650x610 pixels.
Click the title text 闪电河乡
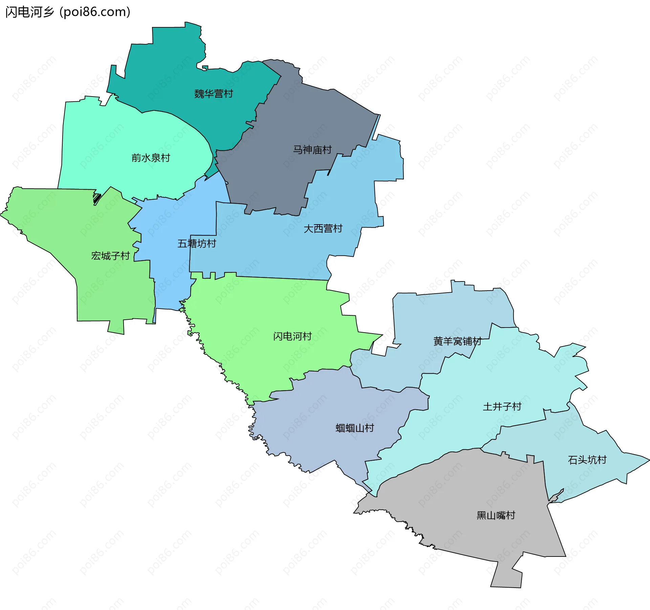coord(30,12)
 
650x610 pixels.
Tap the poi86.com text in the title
coord(95,12)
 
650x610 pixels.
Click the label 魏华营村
coord(213,93)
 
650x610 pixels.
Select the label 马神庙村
coord(312,149)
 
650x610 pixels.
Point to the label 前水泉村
coord(150,157)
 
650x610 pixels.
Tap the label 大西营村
coord(323,228)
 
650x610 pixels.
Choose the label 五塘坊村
coord(196,243)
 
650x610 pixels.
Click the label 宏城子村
coord(110,255)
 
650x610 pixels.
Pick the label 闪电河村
coord(292,336)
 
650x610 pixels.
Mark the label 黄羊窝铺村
coord(457,341)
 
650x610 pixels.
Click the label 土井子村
coord(502,406)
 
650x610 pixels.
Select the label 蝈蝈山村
coord(354,428)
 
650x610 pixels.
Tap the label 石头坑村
coord(587,460)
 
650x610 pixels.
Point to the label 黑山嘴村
coord(496,515)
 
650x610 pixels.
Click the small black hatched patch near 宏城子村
coord(97,198)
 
